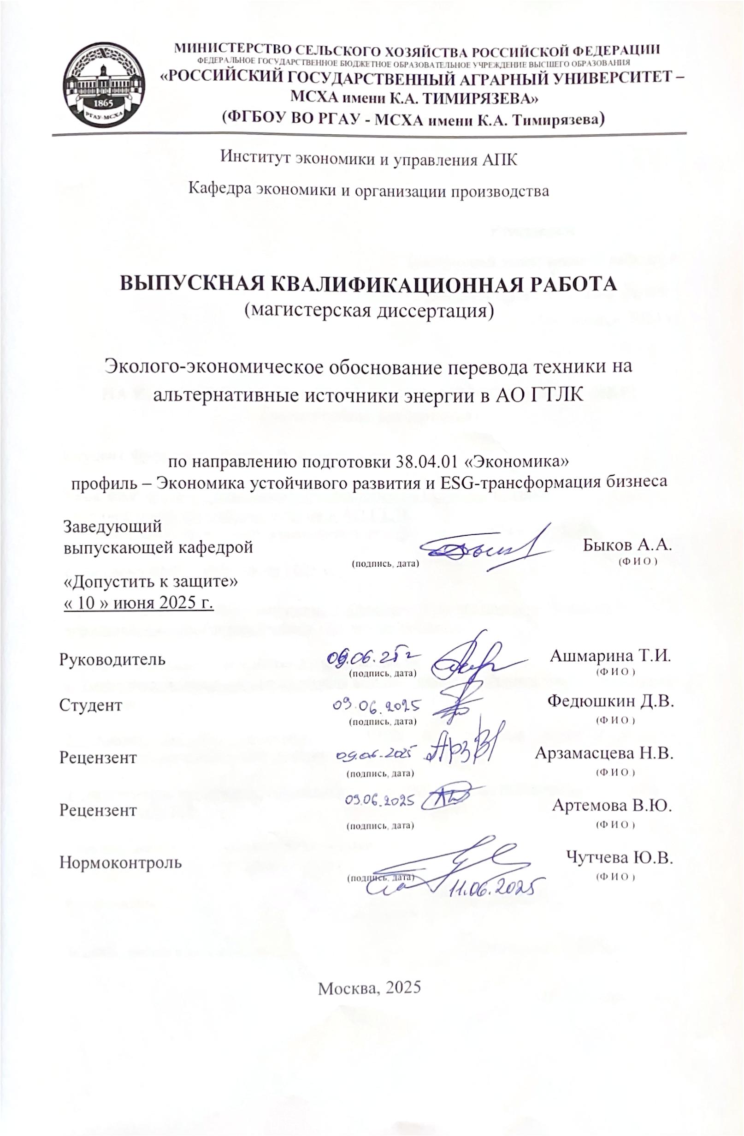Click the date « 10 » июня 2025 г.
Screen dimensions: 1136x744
click(x=138, y=602)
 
